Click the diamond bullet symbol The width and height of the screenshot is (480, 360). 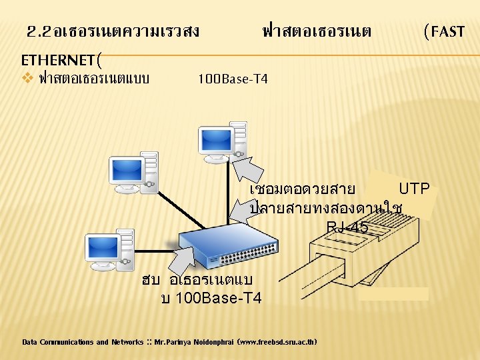click(x=27, y=79)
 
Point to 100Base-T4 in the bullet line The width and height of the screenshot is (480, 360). click(x=233, y=80)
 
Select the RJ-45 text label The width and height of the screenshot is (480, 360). click(x=347, y=228)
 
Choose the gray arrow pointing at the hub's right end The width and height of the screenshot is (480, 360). click(x=243, y=212)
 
